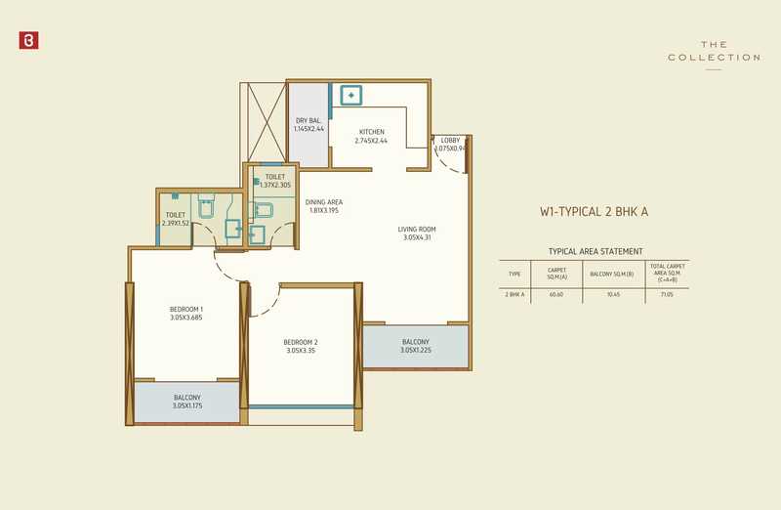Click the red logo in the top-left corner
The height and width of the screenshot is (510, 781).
point(27,41)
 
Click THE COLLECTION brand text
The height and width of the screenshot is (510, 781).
point(714,52)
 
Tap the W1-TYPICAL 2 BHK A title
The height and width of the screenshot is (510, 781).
point(595,210)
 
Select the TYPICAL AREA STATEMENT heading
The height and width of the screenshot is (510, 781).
point(596,251)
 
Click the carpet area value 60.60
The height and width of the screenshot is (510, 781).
point(556,293)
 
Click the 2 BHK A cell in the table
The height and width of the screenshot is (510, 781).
point(514,293)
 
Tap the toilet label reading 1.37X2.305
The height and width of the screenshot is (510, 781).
point(274,181)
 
